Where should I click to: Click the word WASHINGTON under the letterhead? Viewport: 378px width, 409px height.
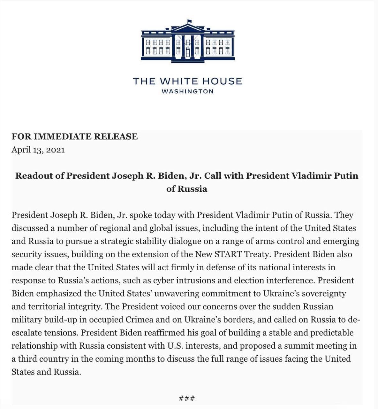pyautogui.click(x=187, y=91)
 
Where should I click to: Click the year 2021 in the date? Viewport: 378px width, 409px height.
pyautogui.click(x=55, y=150)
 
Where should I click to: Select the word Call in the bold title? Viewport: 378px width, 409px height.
pyautogui.click(x=213, y=176)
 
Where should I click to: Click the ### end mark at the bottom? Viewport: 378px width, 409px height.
pyautogui.click(x=187, y=398)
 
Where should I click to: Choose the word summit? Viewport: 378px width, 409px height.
pyautogui.click(x=297, y=346)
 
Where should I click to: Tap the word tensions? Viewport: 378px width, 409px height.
pyautogui.click(x=61, y=333)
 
